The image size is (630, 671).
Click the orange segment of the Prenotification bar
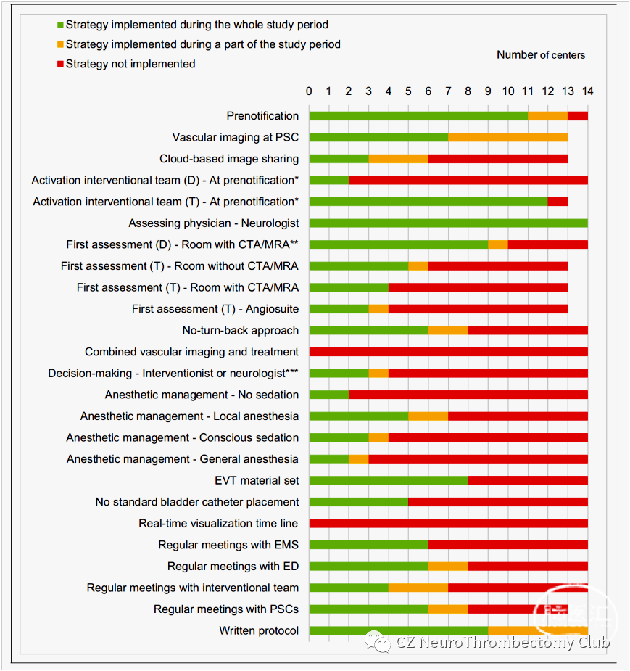tap(548, 116)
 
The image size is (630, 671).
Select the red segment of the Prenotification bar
tap(578, 116)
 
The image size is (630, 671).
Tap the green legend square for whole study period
tap(60, 25)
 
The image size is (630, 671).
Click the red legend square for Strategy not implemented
tap(60, 64)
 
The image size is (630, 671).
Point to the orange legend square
tap(60, 44)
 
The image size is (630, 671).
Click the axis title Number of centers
tap(541, 55)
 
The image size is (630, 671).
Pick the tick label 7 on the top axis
tap(448, 91)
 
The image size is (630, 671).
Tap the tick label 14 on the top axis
tap(587, 91)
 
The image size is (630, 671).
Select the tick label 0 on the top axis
tap(309, 91)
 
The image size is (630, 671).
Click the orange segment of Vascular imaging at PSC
tap(508, 137)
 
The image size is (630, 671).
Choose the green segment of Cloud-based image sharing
tap(339, 159)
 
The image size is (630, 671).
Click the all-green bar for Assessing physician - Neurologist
tap(449, 223)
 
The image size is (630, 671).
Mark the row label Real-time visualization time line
tap(218, 523)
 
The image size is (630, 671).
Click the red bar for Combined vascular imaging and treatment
tap(449, 352)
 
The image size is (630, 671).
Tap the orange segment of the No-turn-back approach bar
tap(448, 330)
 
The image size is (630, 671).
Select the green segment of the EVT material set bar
tap(389, 480)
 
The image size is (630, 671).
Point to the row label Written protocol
tap(259, 631)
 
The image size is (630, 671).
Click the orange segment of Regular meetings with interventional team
tap(418, 588)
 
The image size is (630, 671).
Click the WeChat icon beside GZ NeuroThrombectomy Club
tap(378, 642)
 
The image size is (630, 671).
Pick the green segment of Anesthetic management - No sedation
tap(329, 395)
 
